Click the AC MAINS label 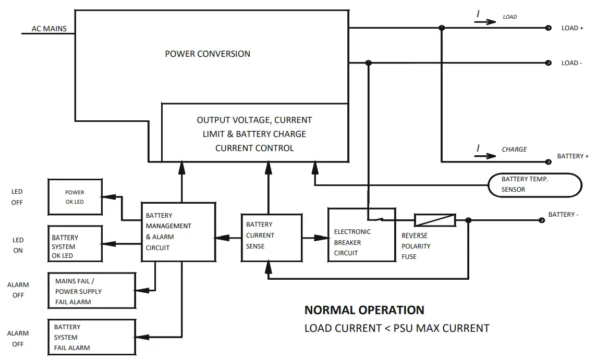49,29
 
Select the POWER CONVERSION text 208,54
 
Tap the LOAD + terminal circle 548,28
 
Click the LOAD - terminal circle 548,63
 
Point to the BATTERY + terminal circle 547,162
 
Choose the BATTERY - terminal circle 541,220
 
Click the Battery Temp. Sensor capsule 534,184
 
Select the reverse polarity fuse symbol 434,220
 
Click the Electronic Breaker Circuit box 361,234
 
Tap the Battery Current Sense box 271,238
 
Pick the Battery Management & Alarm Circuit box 178,232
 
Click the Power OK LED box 75,197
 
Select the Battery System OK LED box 75,243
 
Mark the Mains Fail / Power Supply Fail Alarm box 92,291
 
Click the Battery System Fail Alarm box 92,337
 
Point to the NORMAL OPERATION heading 364,310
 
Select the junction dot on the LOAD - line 369,63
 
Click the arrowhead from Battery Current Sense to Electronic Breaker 322,238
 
